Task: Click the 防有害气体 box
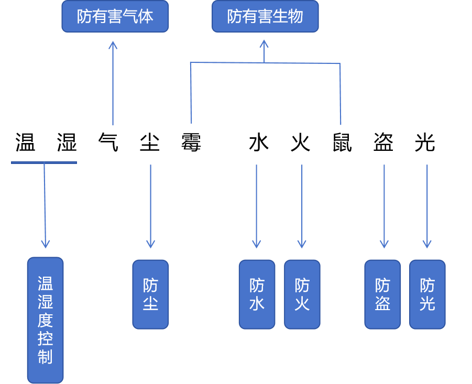click(x=115, y=17)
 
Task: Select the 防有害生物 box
click(x=265, y=17)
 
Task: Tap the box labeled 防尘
click(x=150, y=294)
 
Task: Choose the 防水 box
click(x=257, y=294)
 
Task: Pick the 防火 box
click(x=302, y=294)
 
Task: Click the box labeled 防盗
click(x=382, y=294)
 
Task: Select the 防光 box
click(x=427, y=294)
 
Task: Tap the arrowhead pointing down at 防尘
click(x=150, y=244)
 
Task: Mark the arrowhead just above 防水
click(x=256, y=244)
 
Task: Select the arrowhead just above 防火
click(x=302, y=244)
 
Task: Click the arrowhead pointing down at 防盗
click(x=384, y=244)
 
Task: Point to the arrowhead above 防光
click(x=427, y=244)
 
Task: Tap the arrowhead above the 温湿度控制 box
click(x=46, y=244)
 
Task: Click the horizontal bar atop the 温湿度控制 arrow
click(x=44, y=162)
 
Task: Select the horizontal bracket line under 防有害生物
click(x=265, y=63)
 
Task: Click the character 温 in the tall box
click(x=45, y=284)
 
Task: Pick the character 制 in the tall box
click(x=45, y=357)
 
